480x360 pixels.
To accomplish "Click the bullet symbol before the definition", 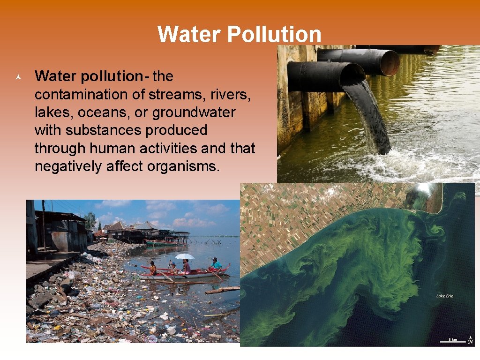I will click(x=17, y=76).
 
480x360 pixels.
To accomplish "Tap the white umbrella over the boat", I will click(x=184, y=256).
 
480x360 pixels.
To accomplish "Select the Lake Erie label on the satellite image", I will click(x=444, y=296).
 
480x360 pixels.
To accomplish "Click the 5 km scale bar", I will click(x=452, y=339).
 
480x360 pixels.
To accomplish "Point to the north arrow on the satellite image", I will click(x=470, y=339).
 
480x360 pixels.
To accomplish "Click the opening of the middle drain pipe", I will click(x=389, y=63).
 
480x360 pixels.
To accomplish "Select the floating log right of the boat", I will click(x=223, y=291).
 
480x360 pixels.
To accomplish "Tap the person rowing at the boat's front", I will click(x=152, y=268).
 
